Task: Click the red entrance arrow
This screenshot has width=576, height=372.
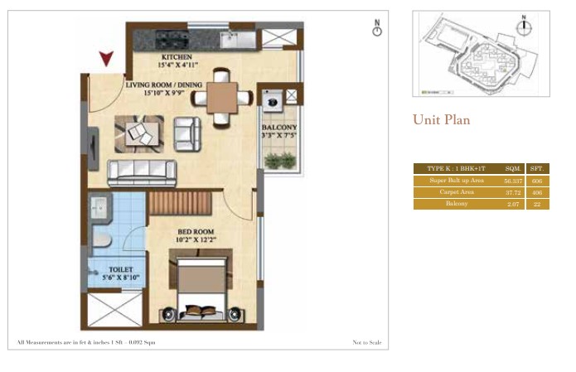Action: click(105, 59)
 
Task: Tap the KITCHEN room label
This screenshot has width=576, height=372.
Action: click(177, 58)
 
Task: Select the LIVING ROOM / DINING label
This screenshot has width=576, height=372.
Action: click(163, 85)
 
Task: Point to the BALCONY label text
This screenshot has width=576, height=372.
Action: click(280, 128)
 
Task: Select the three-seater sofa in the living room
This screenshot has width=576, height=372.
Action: click(142, 172)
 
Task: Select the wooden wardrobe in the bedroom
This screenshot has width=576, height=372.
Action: click(180, 203)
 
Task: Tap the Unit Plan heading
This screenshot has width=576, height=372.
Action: click(441, 120)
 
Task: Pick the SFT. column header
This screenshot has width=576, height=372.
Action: click(536, 168)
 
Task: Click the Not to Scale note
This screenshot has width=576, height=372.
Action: click(365, 342)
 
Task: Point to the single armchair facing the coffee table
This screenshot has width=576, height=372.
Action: click(187, 133)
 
